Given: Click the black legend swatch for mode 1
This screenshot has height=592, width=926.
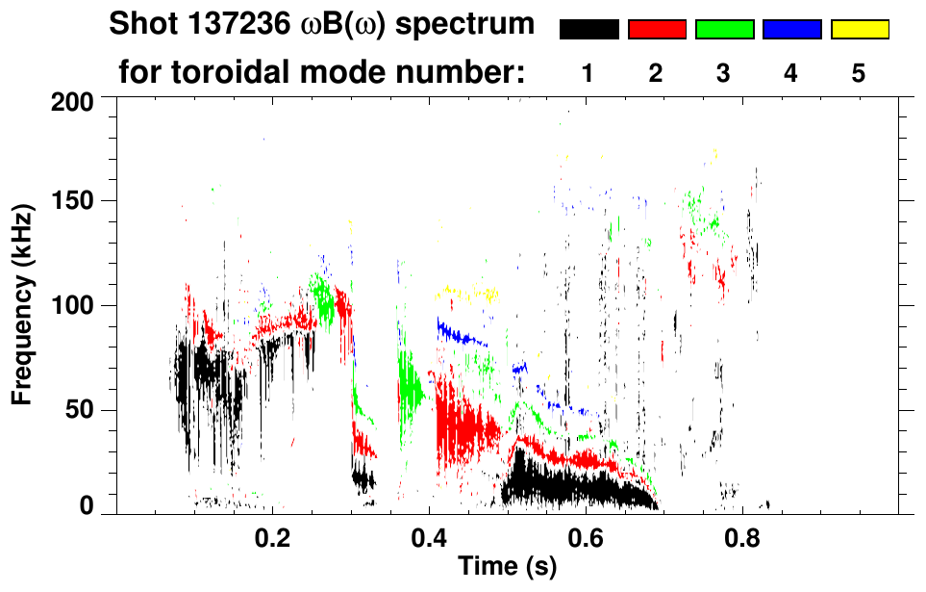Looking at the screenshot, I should (588, 30).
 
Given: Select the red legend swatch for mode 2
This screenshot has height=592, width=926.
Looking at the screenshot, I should (657, 30).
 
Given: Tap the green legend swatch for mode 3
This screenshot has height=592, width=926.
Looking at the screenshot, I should (724, 30).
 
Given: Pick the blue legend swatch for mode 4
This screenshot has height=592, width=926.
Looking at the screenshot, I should (791, 30).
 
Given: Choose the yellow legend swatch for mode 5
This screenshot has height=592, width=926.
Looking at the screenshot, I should (859, 30).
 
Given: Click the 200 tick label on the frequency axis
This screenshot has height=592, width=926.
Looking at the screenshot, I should (73, 101).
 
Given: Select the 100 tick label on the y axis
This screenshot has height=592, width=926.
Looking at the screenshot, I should (73, 306).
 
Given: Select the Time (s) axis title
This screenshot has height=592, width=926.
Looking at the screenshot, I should (506, 568).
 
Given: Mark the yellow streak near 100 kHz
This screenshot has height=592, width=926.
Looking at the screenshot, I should (466, 294).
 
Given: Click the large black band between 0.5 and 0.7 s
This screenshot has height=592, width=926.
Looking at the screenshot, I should (567, 486).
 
